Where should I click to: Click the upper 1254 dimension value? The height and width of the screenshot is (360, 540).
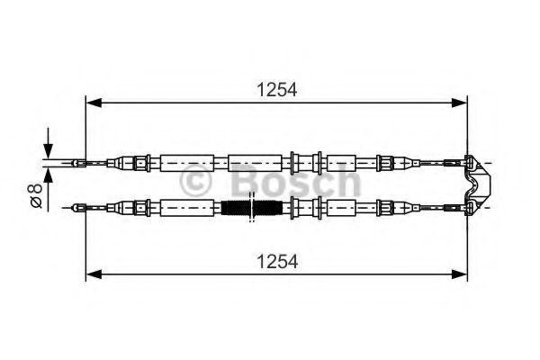coord(276,89)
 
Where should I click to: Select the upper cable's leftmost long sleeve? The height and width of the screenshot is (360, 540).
coord(186,163)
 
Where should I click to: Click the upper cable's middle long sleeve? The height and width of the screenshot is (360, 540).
coord(256,163)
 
